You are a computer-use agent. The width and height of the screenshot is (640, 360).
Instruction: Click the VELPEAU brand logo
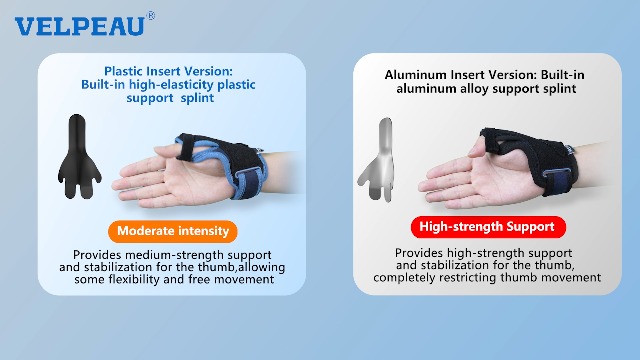tap(80, 26)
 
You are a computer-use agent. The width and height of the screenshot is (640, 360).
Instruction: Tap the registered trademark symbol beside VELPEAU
tap(151, 16)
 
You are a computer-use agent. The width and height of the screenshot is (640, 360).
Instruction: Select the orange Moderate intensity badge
tap(173, 231)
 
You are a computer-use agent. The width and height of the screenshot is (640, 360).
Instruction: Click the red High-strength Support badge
tap(488, 227)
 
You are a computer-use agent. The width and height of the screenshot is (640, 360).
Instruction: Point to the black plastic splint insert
tap(78, 157)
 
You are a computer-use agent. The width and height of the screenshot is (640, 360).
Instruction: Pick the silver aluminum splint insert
tap(379, 160)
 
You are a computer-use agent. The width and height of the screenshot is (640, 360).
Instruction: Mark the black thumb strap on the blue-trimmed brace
tap(186, 147)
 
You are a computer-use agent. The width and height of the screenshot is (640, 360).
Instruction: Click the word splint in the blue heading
tap(197, 98)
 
